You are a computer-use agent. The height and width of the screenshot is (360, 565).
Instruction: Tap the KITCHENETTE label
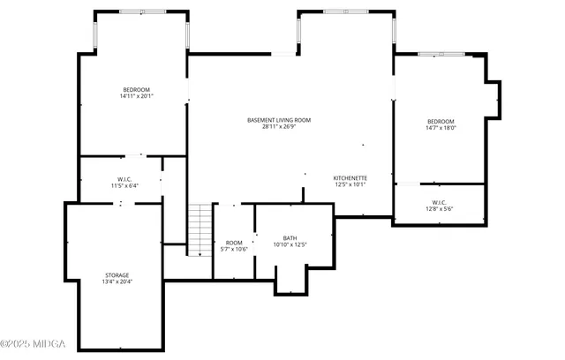350,178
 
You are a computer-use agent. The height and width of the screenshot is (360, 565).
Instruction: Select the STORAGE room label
117,275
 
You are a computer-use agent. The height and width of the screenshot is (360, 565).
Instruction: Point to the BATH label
290,237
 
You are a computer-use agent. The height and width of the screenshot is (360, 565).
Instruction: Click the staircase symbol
200,229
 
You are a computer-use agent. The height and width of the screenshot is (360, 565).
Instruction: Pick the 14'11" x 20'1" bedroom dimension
137,96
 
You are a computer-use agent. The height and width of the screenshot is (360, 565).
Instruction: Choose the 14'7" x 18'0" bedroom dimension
440,128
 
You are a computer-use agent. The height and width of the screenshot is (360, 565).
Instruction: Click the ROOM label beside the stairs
234,243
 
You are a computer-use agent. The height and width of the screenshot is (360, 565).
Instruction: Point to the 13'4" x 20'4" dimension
117,281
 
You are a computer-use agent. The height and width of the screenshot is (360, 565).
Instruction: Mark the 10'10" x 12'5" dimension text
290,244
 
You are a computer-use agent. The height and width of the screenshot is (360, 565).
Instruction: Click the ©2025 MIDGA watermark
33,343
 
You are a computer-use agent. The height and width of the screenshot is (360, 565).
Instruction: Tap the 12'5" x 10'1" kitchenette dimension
350,184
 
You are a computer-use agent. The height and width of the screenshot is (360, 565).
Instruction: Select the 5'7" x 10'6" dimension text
234,249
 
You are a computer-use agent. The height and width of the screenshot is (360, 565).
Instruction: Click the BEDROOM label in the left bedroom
137,90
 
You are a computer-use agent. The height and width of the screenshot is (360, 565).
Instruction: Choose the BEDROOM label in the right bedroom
440,121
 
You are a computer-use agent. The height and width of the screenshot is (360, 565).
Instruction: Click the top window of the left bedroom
141,12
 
